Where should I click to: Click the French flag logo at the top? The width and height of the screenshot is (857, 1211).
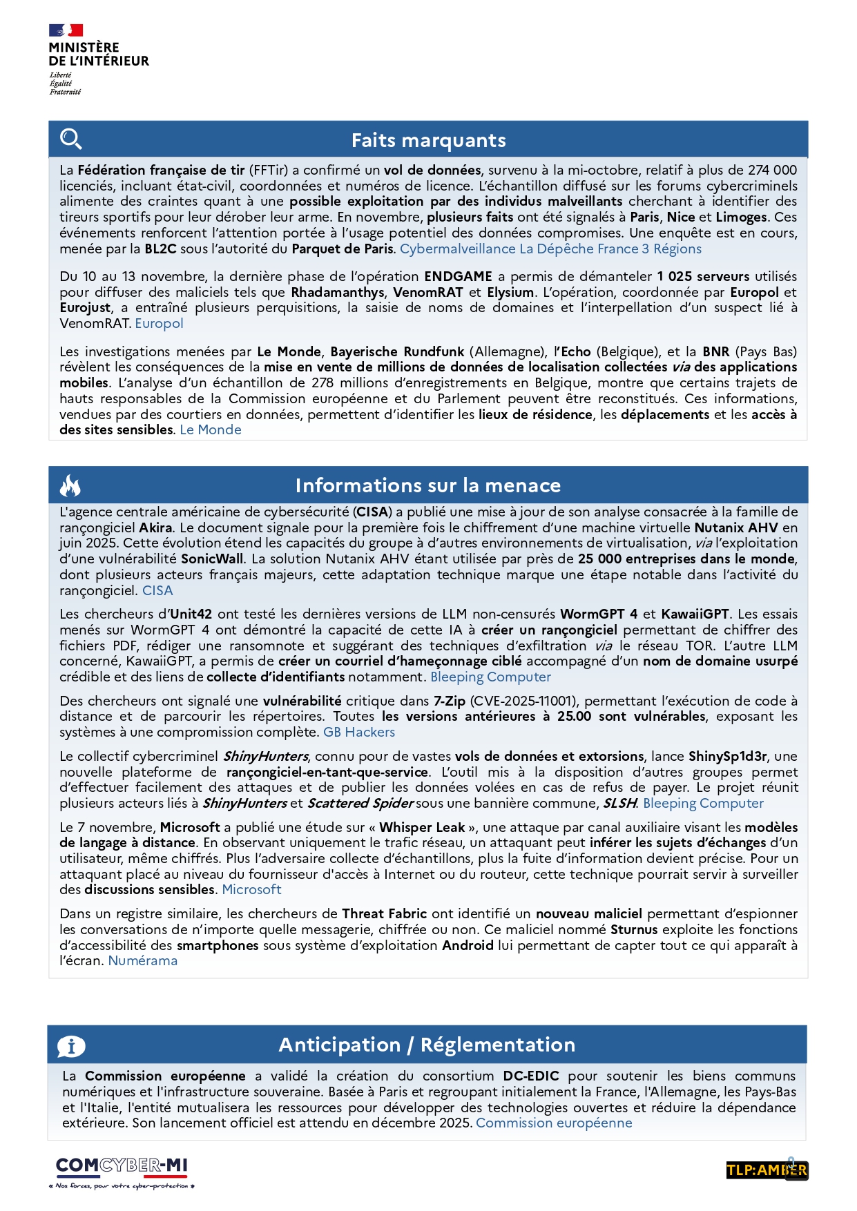pyautogui.click(x=66, y=30)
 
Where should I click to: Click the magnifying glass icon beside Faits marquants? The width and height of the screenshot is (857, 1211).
pyautogui.click(x=70, y=139)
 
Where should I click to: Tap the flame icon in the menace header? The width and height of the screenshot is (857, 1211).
pyautogui.click(x=70, y=485)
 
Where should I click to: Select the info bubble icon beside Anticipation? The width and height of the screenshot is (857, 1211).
pyautogui.click(x=71, y=1046)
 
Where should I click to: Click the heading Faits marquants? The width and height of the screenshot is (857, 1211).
pyautogui.click(x=428, y=140)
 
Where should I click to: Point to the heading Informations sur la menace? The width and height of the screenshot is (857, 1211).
pyautogui.click(x=427, y=485)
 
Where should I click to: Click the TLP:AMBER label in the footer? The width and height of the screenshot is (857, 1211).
pyautogui.click(x=767, y=1170)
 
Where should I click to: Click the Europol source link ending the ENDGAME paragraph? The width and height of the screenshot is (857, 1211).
pyautogui.click(x=159, y=323)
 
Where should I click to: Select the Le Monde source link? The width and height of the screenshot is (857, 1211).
pyautogui.click(x=211, y=429)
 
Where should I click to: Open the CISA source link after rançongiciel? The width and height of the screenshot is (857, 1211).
pyautogui.click(x=157, y=590)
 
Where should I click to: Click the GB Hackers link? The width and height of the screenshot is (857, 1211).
pyautogui.click(x=359, y=732)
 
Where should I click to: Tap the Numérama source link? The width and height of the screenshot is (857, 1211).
pyautogui.click(x=143, y=960)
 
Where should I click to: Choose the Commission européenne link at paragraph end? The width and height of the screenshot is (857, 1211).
pyautogui.click(x=554, y=1123)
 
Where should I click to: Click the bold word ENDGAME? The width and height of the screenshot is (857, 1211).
pyautogui.click(x=458, y=276)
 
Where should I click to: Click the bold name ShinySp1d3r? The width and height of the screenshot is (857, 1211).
pyautogui.click(x=727, y=756)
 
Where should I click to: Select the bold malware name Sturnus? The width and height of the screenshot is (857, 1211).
pyautogui.click(x=633, y=929)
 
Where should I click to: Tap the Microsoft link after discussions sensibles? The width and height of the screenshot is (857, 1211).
pyautogui.click(x=251, y=889)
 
